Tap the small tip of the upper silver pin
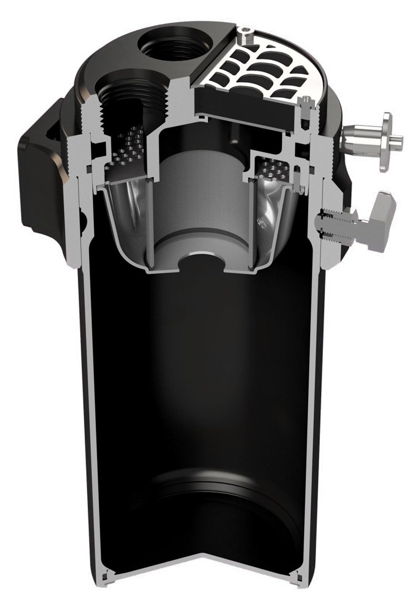(398, 140)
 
